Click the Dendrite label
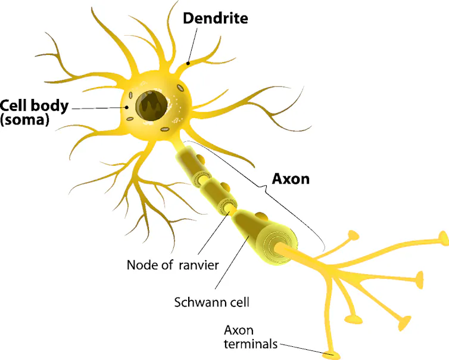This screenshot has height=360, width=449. tap(216, 18)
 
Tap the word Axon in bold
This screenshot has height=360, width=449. tap(291, 179)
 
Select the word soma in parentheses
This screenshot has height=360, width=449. tap(24, 120)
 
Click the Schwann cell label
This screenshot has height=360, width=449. tap(211, 302)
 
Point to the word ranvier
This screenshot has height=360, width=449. tap(199, 265)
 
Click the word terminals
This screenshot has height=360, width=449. tap(251, 344)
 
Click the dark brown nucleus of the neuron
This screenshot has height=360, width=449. tap(151, 105)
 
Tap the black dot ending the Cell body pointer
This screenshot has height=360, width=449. tap(126, 107)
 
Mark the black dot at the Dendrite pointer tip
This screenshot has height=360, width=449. tap(188, 63)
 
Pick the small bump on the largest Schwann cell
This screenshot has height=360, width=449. tap(261, 216)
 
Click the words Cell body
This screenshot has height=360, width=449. tap(35, 105)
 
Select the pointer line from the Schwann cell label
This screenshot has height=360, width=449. tap(232, 262)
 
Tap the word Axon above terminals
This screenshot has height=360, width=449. tap(239, 330)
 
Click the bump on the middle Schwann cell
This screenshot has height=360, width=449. tap(224, 187)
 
